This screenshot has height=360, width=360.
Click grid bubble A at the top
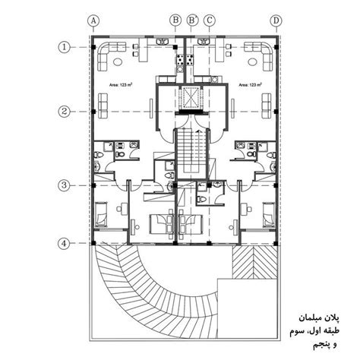[x=93, y=21]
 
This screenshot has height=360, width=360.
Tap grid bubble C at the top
[x=209, y=21]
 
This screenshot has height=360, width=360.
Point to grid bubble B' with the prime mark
[x=193, y=21]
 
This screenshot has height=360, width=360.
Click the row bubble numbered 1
[x=65, y=46]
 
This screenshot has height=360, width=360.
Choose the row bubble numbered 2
[x=65, y=111]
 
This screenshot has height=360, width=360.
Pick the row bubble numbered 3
[x=65, y=185]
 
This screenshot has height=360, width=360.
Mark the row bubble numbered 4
[x=65, y=243]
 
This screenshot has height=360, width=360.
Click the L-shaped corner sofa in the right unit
[x=261, y=55]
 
